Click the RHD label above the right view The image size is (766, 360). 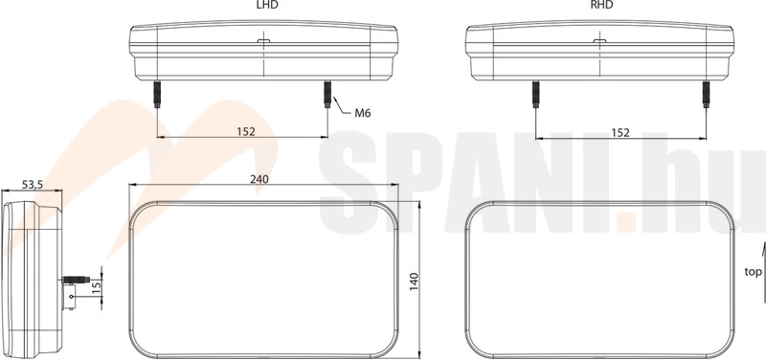601,5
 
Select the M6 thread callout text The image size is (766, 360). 363,113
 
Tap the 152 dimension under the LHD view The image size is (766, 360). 246,131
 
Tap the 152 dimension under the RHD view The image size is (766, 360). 620,132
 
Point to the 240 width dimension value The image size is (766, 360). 259,179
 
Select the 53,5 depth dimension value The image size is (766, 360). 33,184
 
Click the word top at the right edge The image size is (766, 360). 753,272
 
